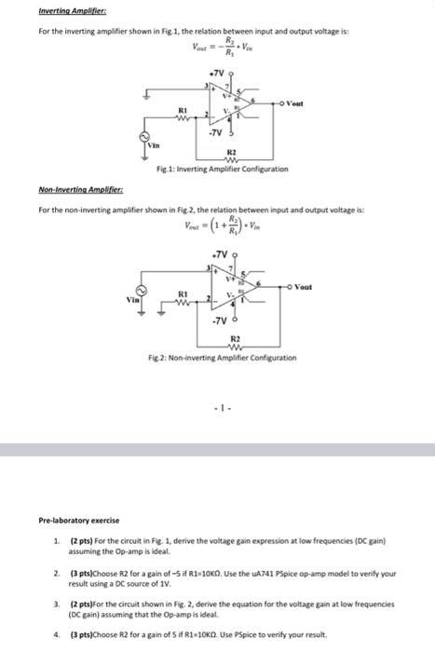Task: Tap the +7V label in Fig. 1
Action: point(216,71)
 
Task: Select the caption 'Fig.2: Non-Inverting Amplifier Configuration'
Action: point(229,358)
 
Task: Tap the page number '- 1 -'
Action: point(217,406)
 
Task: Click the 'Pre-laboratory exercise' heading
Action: point(79,520)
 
